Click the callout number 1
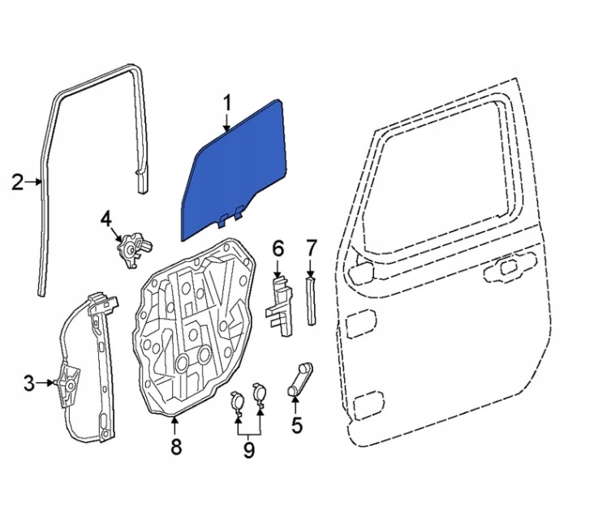click(x=228, y=102)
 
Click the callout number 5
click(x=296, y=423)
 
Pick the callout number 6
click(x=277, y=247)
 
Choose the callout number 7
click(x=312, y=247)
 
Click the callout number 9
click(x=248, y=448)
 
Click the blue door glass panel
click(x=235, y=170)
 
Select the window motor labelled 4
click(x=131, y=246)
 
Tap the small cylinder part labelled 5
click(x=299, y=379)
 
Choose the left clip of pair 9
click(x=237, y=401)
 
